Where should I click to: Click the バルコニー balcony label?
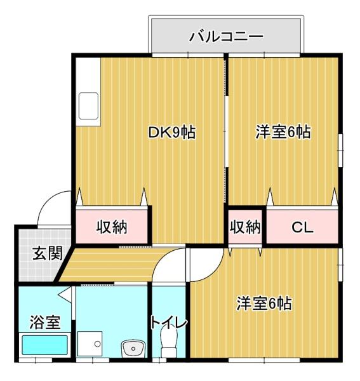click(x=227, y=36)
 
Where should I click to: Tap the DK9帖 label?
click(x=171, y=133)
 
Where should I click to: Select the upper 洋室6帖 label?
click(x=283, y=133)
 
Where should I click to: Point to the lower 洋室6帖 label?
click(x=264, y=304)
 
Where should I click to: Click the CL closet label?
click(x=302, y=227)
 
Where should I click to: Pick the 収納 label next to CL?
click(x=245, y=227)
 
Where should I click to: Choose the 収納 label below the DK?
click(x=112, y=227)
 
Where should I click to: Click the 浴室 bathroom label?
click(x=44, y=322)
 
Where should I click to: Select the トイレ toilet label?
click(x=169, y=322)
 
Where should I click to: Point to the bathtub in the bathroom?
click(x=44, y=347)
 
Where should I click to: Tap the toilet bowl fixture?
click(x=169, y=348)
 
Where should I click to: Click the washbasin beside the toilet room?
click(x=133, y=348)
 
